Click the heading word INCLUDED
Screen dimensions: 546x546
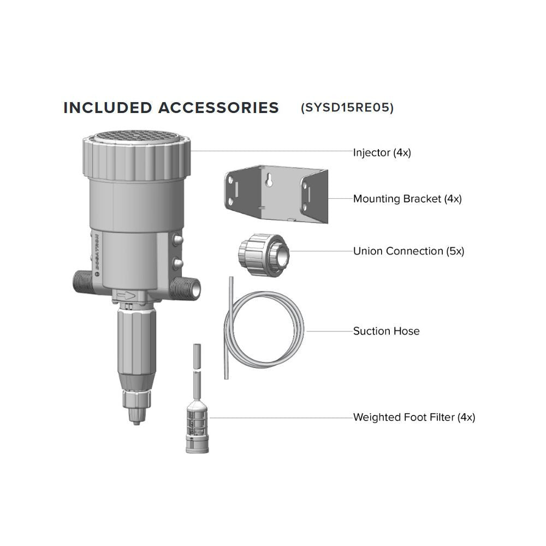point(108,108)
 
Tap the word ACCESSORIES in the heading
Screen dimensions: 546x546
point(219,108)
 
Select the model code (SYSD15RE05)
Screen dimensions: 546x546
point(347,108)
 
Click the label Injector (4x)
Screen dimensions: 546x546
point(382,152)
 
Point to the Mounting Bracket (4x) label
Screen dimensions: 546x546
point(407,199)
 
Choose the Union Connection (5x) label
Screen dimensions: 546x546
point(408,251)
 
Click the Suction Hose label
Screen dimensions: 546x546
point(386,331)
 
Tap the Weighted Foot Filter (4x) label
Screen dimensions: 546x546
point(414,417)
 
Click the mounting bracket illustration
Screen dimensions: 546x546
point(276,194)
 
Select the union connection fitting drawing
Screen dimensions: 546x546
point(264,255)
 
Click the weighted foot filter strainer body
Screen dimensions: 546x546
point(197,428)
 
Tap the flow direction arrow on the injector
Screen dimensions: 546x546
point(126,296)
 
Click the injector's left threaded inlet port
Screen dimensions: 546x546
point(82,283)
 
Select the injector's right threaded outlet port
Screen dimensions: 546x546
point(187,287)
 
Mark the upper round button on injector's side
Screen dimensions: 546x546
point(177,240)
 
